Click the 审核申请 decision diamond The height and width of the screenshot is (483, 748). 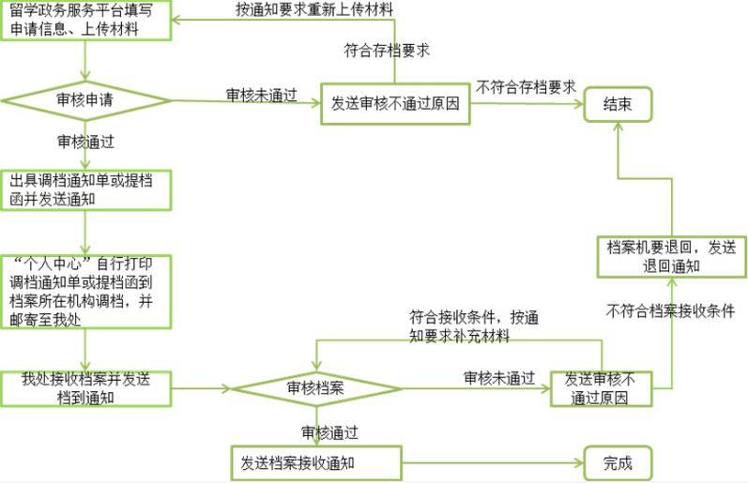(x=85, y=100)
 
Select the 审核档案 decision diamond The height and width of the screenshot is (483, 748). (x=315, y=388)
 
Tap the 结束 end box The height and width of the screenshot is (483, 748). (x=618, y=104)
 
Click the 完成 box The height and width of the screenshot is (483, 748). (x=618, y=463)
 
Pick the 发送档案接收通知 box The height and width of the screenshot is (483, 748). (x=316, y=463)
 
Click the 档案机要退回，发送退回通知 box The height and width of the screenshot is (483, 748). (x=672, y=257)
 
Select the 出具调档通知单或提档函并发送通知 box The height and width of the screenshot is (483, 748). (x=85, y=190)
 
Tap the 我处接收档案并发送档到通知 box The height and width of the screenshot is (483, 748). (x=85, y=389)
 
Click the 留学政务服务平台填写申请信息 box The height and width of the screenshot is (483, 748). (x=85, y=21)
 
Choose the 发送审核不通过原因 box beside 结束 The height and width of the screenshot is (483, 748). (x=395, y=104)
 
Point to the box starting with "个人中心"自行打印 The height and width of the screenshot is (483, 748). (x=85, y=292)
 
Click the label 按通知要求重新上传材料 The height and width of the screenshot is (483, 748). (x=314, y=9)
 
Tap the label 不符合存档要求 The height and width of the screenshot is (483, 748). (x=527, y=87)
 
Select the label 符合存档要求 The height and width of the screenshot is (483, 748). (x=387, y=51)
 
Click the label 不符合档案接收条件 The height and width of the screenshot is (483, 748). (x=670, y=310)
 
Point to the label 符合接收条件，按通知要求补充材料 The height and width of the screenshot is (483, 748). (x=474, y=326)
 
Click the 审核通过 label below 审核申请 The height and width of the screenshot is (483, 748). (x=85, y=142)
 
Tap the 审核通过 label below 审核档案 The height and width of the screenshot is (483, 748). (x=329, y=432)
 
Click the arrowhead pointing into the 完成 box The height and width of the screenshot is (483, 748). (x=580, y=463)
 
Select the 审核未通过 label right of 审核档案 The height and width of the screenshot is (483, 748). (x=499, y=378)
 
